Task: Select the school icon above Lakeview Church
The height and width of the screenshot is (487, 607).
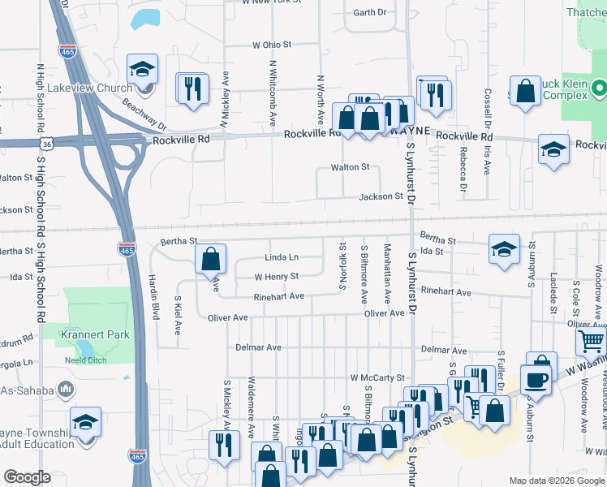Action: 143,71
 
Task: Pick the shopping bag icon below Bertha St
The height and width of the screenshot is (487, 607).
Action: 210,259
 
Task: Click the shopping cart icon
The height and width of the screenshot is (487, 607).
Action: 592,343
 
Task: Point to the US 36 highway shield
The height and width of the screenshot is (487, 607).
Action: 48,144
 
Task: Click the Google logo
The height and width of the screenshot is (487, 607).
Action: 27,477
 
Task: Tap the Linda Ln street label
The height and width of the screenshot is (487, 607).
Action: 282,257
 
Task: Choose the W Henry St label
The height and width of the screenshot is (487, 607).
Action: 277,277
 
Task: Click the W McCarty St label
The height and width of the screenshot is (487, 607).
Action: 377,377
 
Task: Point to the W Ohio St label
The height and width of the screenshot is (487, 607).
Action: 271,45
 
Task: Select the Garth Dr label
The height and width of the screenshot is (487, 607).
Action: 371,12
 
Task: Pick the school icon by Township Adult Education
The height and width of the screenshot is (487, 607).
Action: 85,422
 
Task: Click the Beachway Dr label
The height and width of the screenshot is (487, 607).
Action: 144,115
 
